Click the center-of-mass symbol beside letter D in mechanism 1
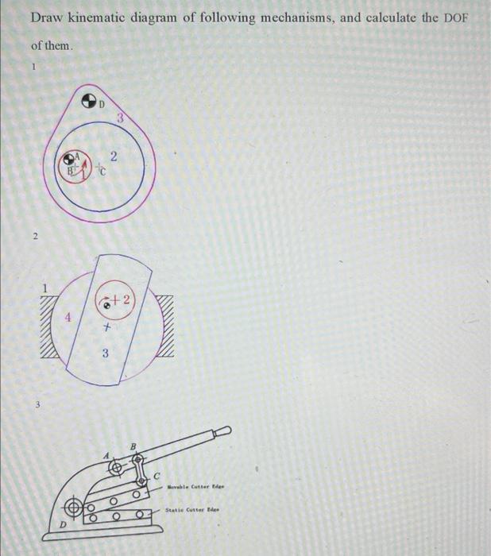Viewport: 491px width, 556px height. click(91, 101)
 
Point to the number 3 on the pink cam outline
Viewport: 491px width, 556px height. click(119, 118)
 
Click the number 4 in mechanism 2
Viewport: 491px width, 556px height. click(69, 319)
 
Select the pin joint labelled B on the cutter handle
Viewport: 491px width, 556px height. click(137, 460)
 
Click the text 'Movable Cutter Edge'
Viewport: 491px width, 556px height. click(196, 486)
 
